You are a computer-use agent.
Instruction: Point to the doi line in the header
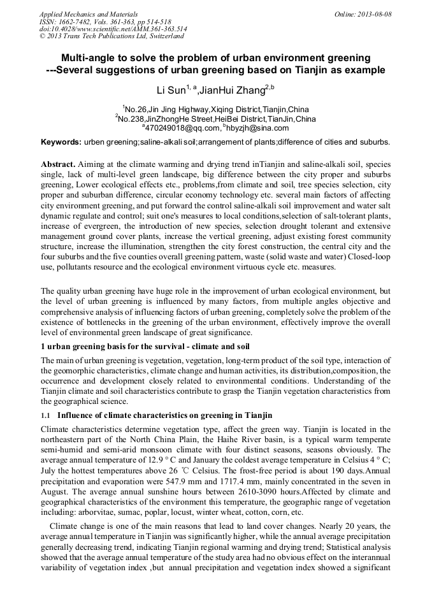(113, 29)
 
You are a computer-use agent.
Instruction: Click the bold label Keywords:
(62, 141)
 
